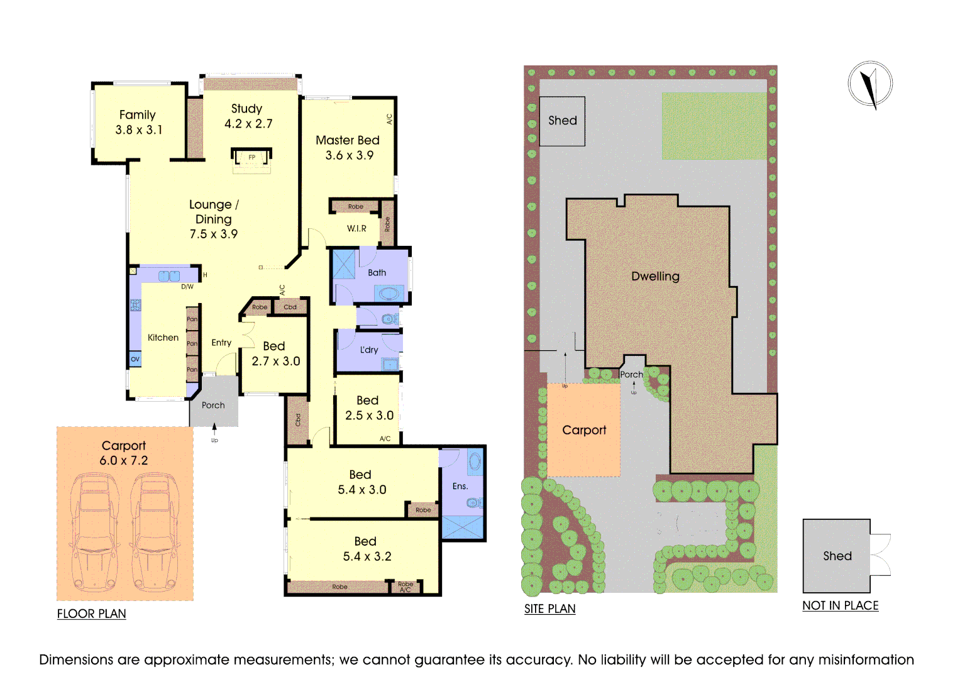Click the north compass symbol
tap(870, 84)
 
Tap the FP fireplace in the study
tap(251, 158)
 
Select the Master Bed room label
tap(348, 140)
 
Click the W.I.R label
tap(356, 228)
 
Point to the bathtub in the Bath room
tap(389, 294)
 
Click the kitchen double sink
tap(169, 276)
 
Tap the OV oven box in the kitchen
tap(135, 359)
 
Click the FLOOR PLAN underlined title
tap(92, 614)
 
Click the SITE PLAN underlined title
tap(550, 609)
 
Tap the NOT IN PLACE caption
tap(841, 605)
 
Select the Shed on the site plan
tap(562, 121)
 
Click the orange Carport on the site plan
tap(584, 430)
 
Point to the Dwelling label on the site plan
tap(655, 276)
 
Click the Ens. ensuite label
tap(460, 486)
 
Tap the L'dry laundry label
tap(369, 350)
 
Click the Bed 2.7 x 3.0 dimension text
tap(276, 362)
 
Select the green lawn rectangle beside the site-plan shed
tap(714, 126)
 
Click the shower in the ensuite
tap(463, 527)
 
